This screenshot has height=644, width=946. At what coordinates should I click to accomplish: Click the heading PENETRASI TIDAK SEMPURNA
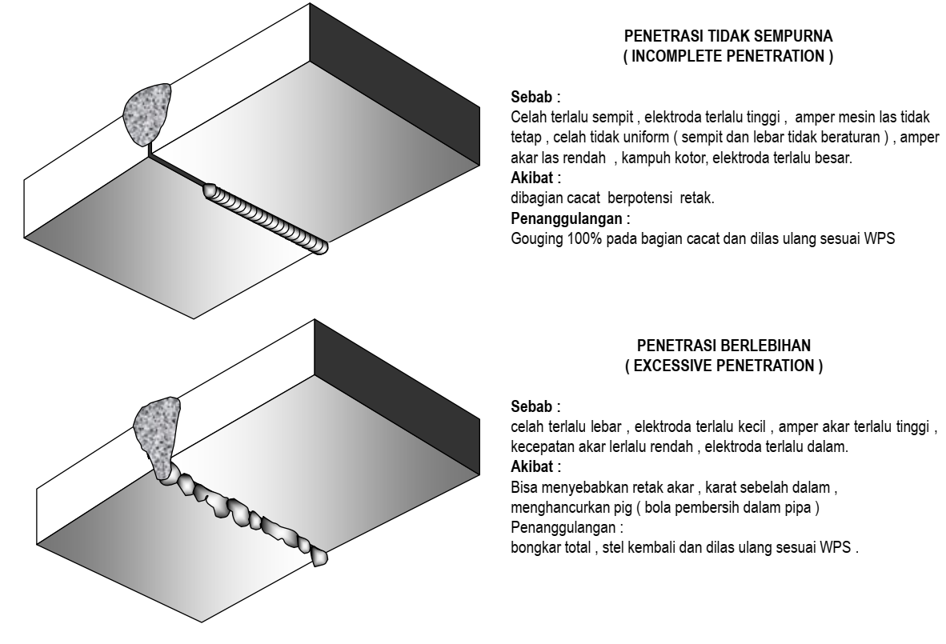click(x=728, y=35)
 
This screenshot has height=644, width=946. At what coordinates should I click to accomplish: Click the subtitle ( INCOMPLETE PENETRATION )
click(x=728, y=56)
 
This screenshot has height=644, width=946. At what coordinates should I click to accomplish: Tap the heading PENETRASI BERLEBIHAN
click(x=724, y=346)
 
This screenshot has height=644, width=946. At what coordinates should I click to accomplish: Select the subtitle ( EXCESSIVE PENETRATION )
click(x=724, y=366)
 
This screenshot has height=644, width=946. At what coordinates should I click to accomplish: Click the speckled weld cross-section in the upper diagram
click(x=146, y=114)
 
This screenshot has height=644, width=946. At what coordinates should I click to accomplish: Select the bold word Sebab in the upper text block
click(x=531, y=97)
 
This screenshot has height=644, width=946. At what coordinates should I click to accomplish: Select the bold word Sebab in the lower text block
click(x=531, y=406)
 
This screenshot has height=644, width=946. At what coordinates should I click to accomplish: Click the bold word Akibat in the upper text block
click(x=532, y=178)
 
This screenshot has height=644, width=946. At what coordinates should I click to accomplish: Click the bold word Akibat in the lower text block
click(x=532, y=466)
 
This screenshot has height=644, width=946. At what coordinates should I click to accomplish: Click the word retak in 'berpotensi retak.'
click(x=697, y=198)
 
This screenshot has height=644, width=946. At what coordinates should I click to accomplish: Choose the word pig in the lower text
click(x=623, y=508)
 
